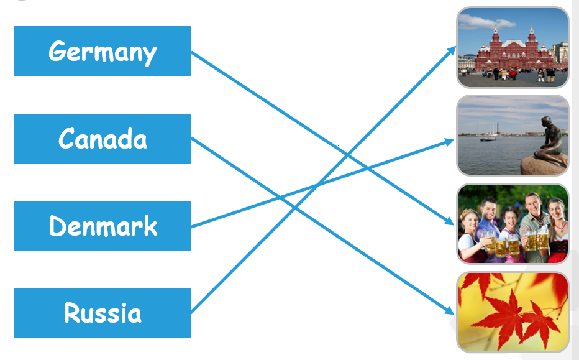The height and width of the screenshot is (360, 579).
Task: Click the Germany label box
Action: (103, 51)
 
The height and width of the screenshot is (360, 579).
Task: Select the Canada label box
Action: (103, 139)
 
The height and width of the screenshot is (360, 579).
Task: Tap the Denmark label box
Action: (103, 226)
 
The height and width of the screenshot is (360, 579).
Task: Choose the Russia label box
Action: (103, 313)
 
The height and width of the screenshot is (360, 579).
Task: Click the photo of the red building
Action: (513, 47)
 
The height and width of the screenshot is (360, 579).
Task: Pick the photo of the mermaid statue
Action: (513, 135)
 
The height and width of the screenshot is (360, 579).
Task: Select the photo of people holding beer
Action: (513, 223)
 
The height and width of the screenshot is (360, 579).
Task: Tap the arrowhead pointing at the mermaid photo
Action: (450, 141)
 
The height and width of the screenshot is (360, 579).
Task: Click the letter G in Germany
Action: (58, 51)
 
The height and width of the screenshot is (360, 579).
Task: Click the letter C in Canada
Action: (66, 139)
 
